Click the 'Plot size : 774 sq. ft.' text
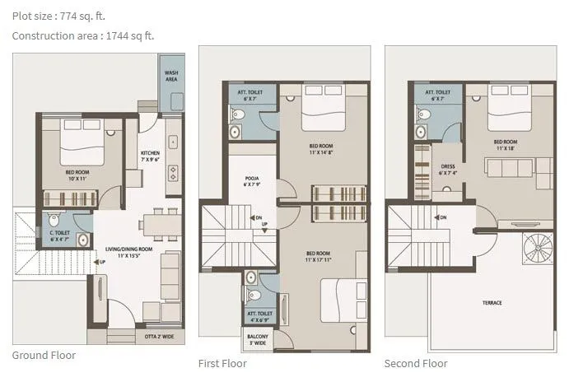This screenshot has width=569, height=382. point(58,16)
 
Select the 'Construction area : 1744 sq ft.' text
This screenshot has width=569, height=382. point(83,35)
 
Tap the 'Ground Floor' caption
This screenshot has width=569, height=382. point(44,355)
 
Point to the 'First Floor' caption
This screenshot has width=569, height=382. point(222,363)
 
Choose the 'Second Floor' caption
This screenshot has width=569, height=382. point(416,363)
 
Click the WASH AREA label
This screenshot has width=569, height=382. point(171,76)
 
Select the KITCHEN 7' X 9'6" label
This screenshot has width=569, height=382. point(150,156)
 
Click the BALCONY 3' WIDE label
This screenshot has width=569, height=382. point(255,339)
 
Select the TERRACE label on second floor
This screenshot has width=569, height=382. point(492,303)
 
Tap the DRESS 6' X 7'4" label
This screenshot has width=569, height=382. point(448,170)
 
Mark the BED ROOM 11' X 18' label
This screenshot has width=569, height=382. point(506,144)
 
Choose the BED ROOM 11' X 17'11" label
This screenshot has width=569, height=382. point(318,255)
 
